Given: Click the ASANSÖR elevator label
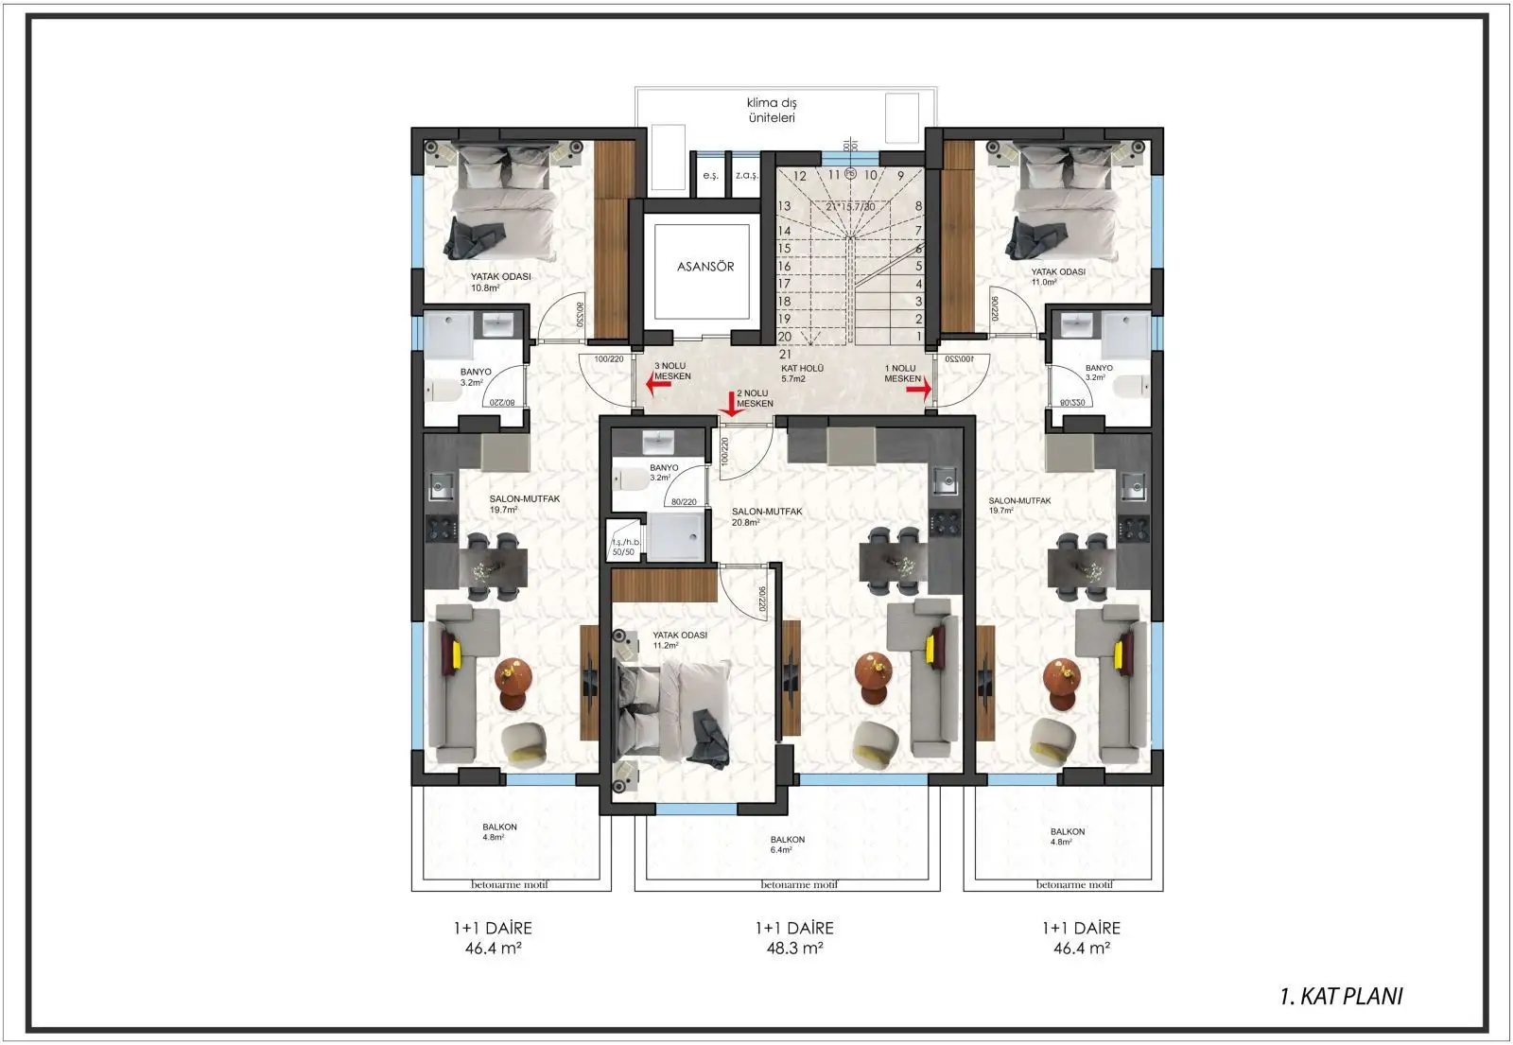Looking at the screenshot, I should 704,267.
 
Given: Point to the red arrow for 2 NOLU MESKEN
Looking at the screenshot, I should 730,404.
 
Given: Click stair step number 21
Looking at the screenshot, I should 784,354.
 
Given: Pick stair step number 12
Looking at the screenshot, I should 799,176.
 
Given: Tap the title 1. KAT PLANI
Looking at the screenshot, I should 1341,996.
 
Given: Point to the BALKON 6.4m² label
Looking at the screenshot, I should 787,845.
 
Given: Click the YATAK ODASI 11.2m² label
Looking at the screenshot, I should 679,640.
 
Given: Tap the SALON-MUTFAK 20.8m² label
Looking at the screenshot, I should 766,516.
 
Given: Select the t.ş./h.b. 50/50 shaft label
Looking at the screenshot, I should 625,546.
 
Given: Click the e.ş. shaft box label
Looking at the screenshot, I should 710,177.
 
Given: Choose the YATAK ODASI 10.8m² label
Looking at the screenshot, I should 500,282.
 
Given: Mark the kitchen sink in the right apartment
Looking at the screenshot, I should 1134,487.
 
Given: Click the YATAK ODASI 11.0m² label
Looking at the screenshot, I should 1057,276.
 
